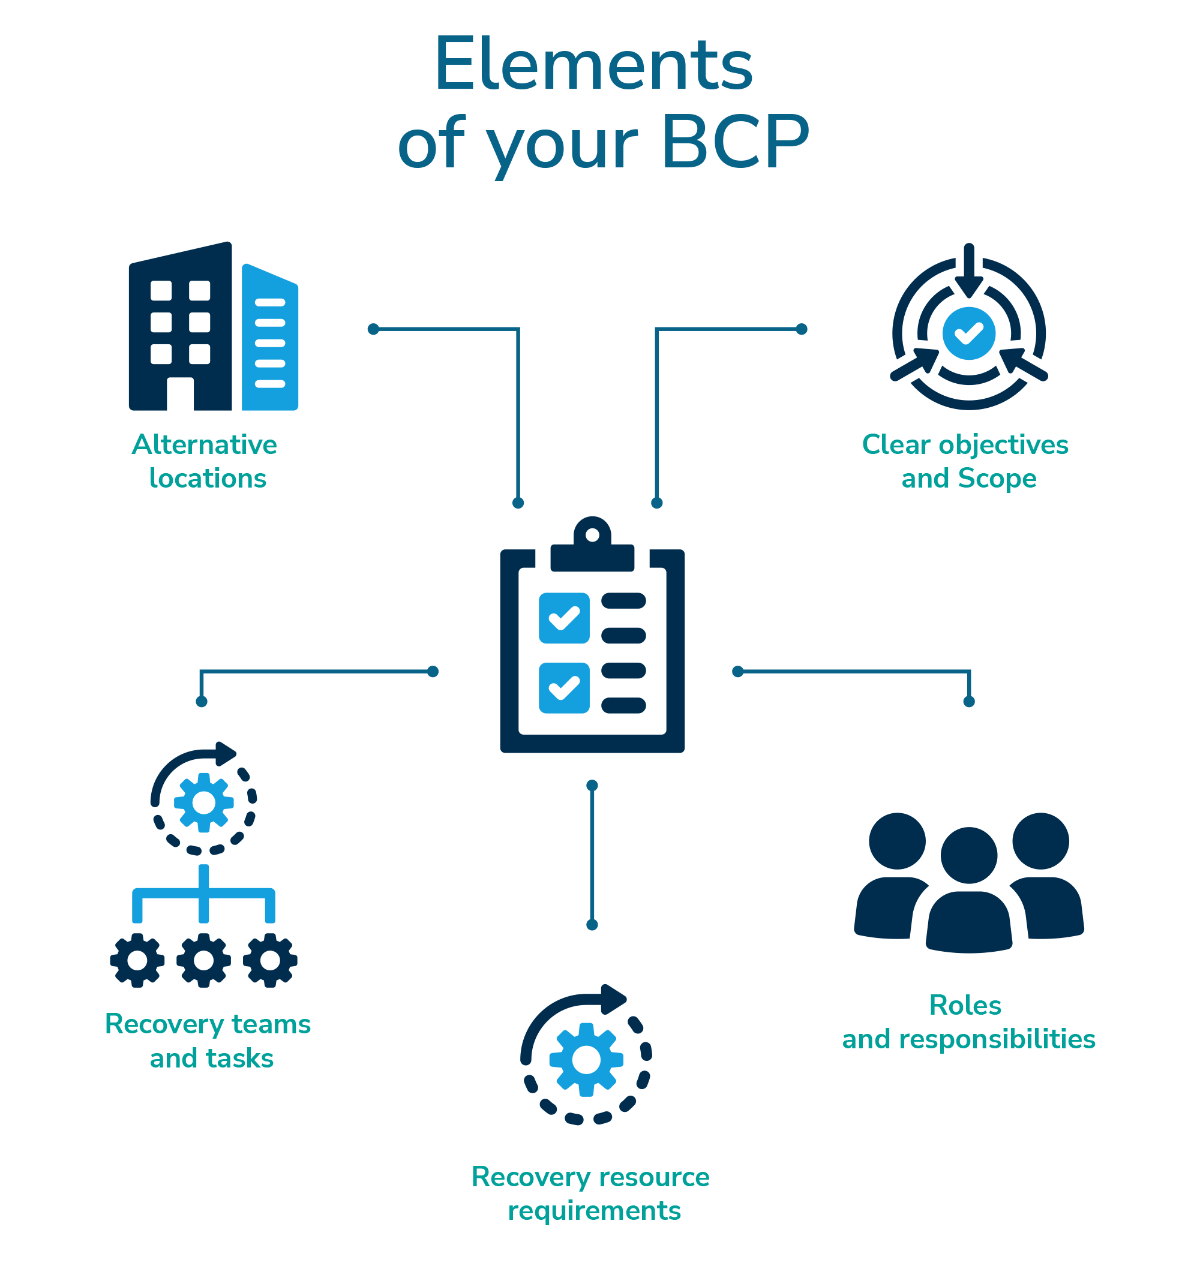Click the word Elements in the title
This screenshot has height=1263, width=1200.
coord(593,66)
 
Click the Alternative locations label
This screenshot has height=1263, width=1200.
coord(205,462)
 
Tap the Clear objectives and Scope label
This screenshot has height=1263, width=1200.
coord(965,462)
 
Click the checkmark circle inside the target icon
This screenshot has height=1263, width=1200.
coord(969,332)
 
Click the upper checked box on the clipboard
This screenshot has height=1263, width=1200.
coord(564,618)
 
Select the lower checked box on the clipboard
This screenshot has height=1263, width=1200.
coord(564,688)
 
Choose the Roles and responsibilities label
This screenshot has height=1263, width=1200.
coord(968,1022)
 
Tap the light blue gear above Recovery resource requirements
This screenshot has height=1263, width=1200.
coord(586,1060)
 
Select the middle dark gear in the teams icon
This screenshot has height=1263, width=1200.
coord(204,960)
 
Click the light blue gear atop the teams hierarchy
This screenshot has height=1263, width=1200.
coord(204,802)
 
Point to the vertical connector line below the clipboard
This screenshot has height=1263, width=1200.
coord(592,855)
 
